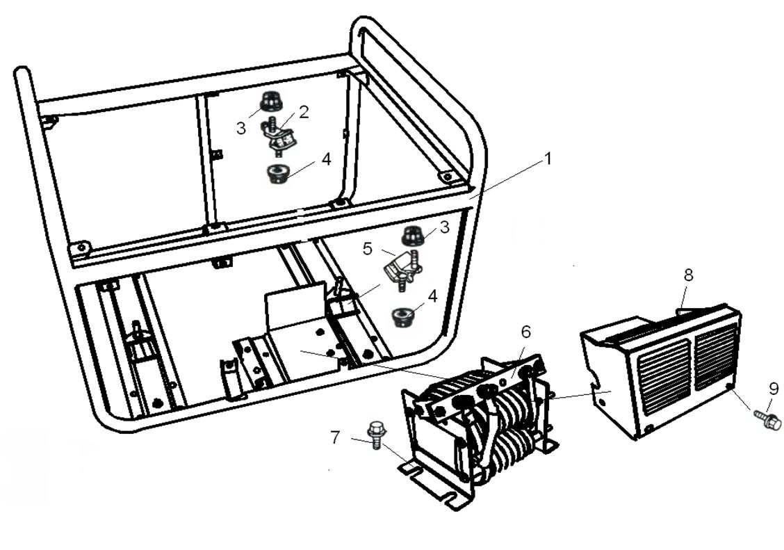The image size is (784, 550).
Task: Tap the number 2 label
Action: (x=304, y=112)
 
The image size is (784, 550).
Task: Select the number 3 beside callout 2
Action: (x=240, y=129)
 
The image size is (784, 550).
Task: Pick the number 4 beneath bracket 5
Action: (x=432, y=296)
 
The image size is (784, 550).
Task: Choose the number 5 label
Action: (x=368, y=248)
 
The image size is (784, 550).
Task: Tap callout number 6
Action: (x=525, y=332)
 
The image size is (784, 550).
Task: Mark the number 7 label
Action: (x=335, y=437)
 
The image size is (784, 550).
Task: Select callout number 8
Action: (x=687, y=275)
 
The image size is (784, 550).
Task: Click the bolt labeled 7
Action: (x=377, y=433)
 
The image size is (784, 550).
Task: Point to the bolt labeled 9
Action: (x=767, y=419)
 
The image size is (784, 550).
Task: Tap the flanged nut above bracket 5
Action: (x=412, y=236)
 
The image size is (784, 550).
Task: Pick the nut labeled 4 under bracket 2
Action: (x=279, y=172)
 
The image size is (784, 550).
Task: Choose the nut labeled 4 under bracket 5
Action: (x=402, y=317)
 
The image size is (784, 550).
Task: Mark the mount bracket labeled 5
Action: (x=400, y=268)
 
